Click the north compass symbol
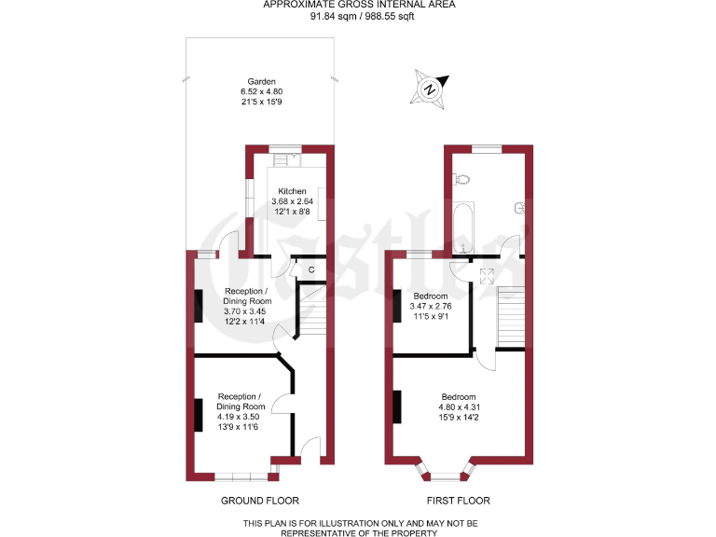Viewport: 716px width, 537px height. pyautogui.click(x=429, y=89)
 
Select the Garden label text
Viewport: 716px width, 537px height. pyautogui.click(x=261, y=81)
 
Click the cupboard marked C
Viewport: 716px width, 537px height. pyautogui.click(x=310, y=270)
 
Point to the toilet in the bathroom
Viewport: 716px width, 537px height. pyautogui.click(x=462, y=178)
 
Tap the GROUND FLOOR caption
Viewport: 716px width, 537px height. pyautogui.click(x=260, y=501)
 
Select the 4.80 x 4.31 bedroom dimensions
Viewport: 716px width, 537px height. pyautogui.click(x=458, y=406)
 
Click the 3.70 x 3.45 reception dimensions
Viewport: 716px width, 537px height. pyautogui.click(x=247, y=311)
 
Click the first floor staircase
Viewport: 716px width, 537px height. pyautogui.click(x=511, y=318)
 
